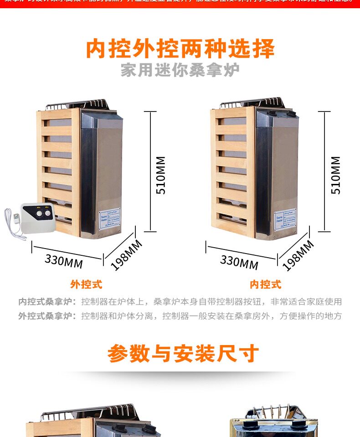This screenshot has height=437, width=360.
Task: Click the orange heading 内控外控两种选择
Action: (x=180, y=50)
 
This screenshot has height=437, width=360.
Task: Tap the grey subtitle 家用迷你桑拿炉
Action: (x=180, y=71)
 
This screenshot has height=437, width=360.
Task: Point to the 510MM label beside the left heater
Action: (x=161, y=175)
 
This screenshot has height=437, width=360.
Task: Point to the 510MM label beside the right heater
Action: (x=335, y=175)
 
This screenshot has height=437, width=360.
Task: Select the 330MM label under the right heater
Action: (x=239, y=262)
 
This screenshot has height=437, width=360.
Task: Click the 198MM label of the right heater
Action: (x=298, y=255)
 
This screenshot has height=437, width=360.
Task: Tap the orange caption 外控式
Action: (x=86, y=285)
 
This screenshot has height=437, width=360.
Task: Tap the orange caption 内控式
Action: (x=265, y=285)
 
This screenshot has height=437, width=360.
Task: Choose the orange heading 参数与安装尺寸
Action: (x=183, y=354)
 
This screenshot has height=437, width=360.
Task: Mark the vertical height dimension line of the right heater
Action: (x=324, y=171)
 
